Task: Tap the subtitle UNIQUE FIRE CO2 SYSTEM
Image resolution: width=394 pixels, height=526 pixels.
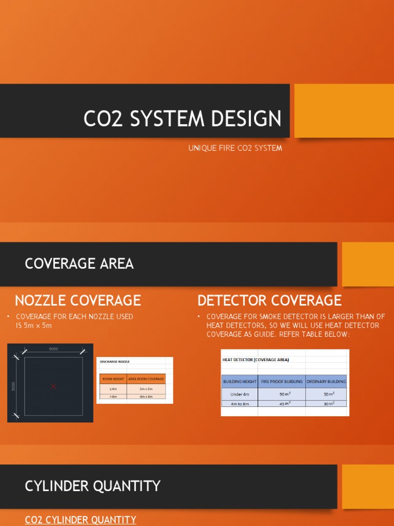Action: click(x=235, y=148)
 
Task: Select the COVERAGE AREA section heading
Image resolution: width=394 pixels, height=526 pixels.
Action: click(x=79, y=264)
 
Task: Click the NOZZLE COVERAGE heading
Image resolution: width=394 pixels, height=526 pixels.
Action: click(x=78, y=300)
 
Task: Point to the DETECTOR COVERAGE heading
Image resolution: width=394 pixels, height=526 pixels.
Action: click(x=269, y=300)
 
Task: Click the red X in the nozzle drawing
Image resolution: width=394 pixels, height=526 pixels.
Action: click(x=53, y=386)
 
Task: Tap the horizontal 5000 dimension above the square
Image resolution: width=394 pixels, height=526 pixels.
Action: click(x=53, y=349)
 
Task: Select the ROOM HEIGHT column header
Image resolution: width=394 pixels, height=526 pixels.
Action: click(x=113, y=379)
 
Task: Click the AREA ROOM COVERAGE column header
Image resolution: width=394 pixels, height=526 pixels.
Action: click(x=146, y=379)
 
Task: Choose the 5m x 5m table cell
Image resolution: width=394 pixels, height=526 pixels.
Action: click(x=146, y=389)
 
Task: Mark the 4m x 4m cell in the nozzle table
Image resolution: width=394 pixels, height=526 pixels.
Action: click(x=146, y=396)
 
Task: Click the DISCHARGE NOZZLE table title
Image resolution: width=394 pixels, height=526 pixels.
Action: click(x=115, y=362)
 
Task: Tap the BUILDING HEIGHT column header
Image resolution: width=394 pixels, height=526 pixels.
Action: click(x=240, y=382)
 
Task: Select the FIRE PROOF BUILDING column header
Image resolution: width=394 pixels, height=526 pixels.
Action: click(x=281, y=382)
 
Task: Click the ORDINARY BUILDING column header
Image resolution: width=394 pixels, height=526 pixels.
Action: click(x=326, y=382)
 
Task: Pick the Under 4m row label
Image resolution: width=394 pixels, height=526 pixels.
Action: click(x=240, y=394)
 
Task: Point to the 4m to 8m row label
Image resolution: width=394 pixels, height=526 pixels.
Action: click(x=240, y=403)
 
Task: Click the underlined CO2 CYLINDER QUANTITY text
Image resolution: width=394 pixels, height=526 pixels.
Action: click(x=81, y=520)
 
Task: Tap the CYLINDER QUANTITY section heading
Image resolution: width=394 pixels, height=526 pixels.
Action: click(x=93, y=486)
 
